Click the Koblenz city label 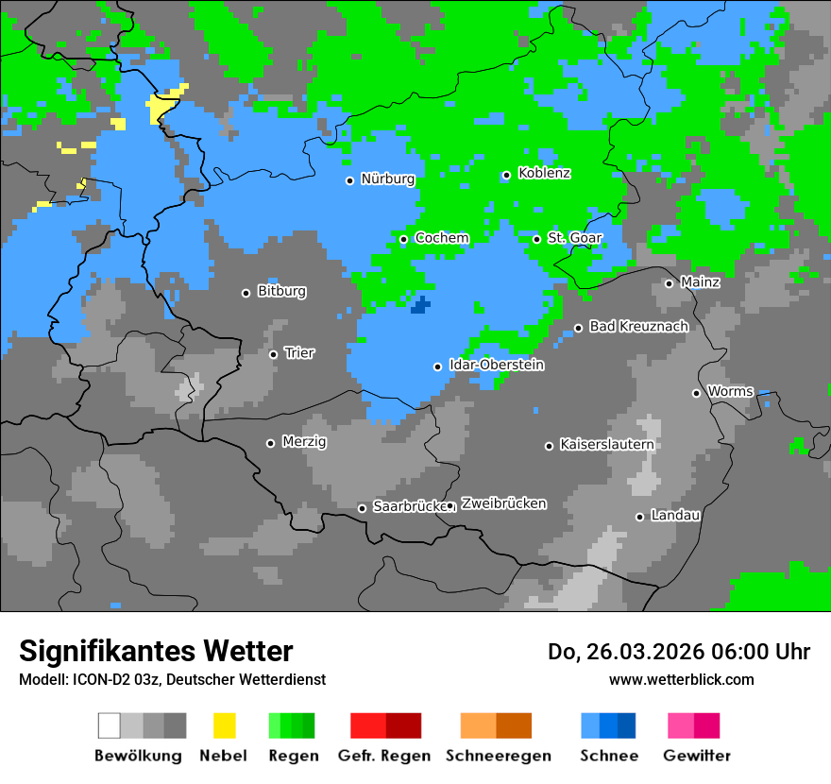pos(544,173)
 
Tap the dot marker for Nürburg pos(349,180)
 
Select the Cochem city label pos(441,238)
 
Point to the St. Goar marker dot pos(536,239)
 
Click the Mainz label pos(700,282)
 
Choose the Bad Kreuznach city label pos(638,327)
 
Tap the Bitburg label pos(281,292)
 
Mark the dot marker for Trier pos(273,354)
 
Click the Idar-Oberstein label pos(496,366)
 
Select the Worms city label pos(730,392)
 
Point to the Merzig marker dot pos(270,443)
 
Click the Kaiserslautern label pos(606,445)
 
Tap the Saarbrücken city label pos(409,507)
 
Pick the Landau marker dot pos(639,517)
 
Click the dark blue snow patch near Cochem pos(420,305)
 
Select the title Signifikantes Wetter pos(156,652)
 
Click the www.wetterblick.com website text pos(681,680)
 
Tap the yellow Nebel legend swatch pos(224,725)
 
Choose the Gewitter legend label pos(696,756)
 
